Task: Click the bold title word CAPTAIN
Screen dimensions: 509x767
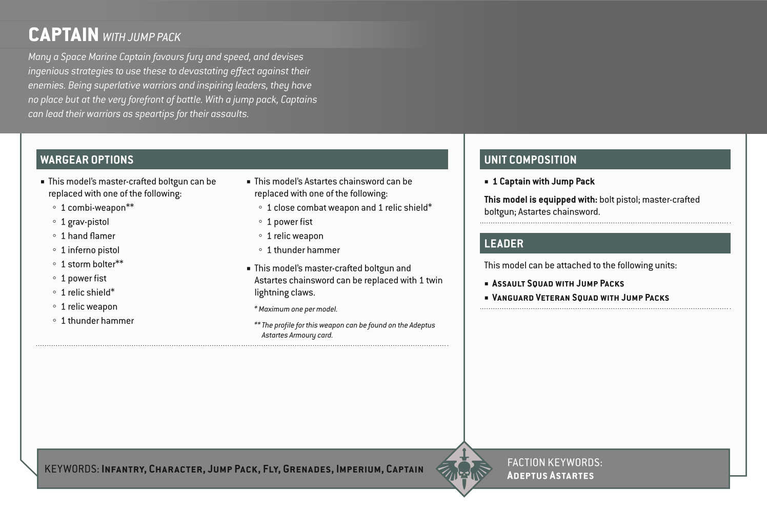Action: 64,35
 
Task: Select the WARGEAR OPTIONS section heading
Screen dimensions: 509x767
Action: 87,160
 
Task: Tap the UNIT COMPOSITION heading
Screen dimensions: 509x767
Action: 530,160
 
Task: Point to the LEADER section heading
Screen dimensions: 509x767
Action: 503,244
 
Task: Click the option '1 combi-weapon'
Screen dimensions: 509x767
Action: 97,207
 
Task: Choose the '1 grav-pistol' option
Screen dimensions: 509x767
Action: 85,222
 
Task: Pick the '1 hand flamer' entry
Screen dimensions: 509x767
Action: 88,236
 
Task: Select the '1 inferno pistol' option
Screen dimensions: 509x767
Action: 90,250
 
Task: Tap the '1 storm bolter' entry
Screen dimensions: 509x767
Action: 92,264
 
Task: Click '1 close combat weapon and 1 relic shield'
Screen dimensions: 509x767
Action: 349,207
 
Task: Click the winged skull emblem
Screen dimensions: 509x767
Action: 464,469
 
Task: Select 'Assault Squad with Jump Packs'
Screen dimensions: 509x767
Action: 558,283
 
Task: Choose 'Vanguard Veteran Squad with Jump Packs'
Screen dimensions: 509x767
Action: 580,298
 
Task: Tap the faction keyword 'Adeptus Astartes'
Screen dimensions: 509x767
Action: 550,476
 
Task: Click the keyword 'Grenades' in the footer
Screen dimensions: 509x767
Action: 307,469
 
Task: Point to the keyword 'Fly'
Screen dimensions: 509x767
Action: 270,469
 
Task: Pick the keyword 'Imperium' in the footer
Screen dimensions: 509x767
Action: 358,469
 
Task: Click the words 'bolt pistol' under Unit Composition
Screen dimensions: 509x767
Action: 618,200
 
